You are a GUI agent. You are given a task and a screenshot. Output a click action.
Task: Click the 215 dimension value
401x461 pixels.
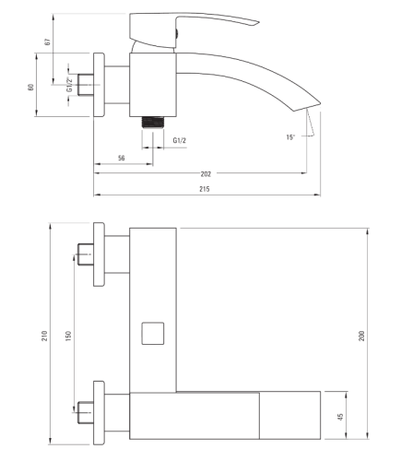point(205,189)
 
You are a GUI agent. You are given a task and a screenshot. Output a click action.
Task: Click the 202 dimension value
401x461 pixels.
point(206,174)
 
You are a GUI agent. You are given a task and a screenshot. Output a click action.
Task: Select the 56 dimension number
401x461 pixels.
point(122,158)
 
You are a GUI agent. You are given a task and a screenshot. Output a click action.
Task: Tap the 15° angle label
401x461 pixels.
point(290,137)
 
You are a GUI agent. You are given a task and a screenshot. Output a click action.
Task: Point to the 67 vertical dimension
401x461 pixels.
point(47,41)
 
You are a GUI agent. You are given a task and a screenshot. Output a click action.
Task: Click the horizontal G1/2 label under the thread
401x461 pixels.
point(180,140)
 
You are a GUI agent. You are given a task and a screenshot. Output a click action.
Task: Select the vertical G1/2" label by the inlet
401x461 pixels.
point(70,85)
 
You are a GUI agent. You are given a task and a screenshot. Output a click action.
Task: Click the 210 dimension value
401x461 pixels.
point(45,336)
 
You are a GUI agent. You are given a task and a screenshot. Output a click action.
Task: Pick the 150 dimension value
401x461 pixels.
point(68,336)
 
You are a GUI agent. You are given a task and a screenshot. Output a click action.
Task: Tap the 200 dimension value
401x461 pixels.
point(361,336)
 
